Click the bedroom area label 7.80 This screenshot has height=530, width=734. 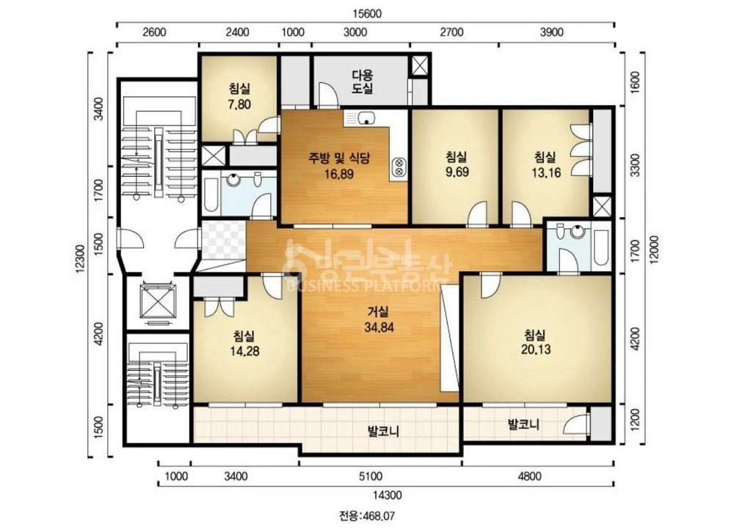[x=239, y=104]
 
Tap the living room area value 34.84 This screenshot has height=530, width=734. [x=379, y=327]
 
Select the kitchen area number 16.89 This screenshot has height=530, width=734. [x=339, y=174]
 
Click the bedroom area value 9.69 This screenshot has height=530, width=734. [x=457, y=172]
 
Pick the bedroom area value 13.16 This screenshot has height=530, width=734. [x=546, y=173]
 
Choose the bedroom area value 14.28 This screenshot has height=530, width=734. [x=245, y=351]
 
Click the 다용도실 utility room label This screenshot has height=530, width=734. [x=363, y=81]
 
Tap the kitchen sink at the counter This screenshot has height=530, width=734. [x=366, y=118]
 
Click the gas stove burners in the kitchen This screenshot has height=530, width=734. [x=399, y=167]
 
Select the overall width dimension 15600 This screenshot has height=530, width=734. [x=366, y=13]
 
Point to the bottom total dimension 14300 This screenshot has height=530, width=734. [x=387, y=495]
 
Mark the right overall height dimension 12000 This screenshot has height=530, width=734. [x=655, y=250]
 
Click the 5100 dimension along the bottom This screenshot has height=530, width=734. [x=370, y=476]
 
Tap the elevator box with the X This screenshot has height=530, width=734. [x=159, y=300]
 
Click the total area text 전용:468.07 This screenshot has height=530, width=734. [x=367, y=516]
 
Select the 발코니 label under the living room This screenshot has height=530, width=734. [x=383, y=431]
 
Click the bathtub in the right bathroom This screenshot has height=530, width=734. [x=600, y=247]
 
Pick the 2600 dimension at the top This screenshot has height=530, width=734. [x=154, y=32]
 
